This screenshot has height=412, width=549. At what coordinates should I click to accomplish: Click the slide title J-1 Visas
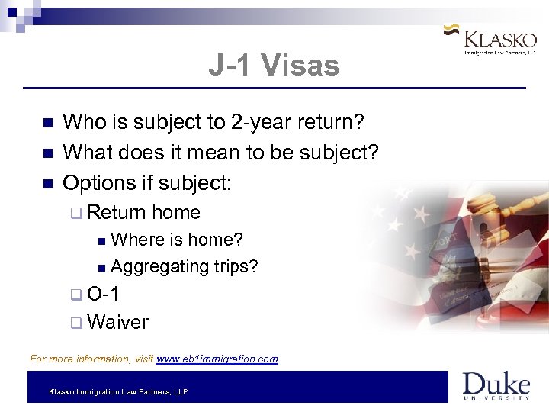(x=274, y=66)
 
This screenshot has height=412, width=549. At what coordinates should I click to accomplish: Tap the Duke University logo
(x=496, y=386)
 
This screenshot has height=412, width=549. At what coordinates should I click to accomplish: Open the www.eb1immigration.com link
(x=217, y=359)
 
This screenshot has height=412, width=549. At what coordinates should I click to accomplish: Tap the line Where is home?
(x=177, y=240)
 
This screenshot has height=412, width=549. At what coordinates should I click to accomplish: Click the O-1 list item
(x=103, y=295)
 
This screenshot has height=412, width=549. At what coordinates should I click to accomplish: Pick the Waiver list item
(x=117, y=322)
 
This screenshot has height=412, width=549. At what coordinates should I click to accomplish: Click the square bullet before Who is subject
(x=47, y=122)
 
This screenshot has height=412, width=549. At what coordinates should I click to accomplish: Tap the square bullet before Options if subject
(x=47, y=183)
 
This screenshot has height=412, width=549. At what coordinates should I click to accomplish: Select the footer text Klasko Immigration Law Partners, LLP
(x=118, y=391)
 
